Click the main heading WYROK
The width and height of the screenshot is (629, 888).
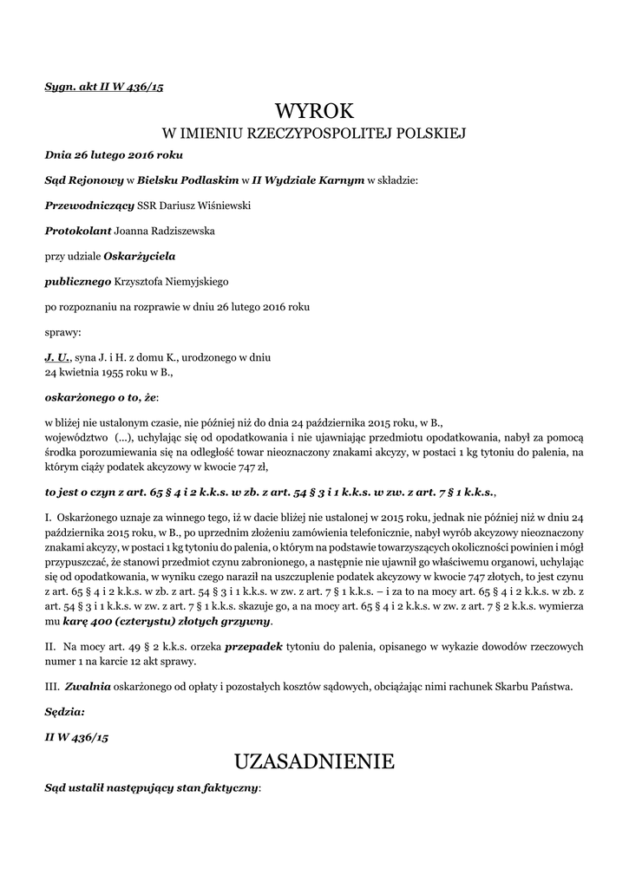pyautogui.click(x=314, y=111)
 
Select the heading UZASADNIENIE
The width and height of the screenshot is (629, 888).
pyautogui.click(x=314, y=762)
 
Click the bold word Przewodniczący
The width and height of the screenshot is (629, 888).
pyautogui.click(x=89, y=206)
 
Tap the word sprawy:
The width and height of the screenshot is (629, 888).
pyautogui.click(x=62, y=331)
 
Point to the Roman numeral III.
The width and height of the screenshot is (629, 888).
pyautogui.click(x=51, y=687)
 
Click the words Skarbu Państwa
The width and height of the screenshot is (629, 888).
pyautogui.click(x=539, y=687)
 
